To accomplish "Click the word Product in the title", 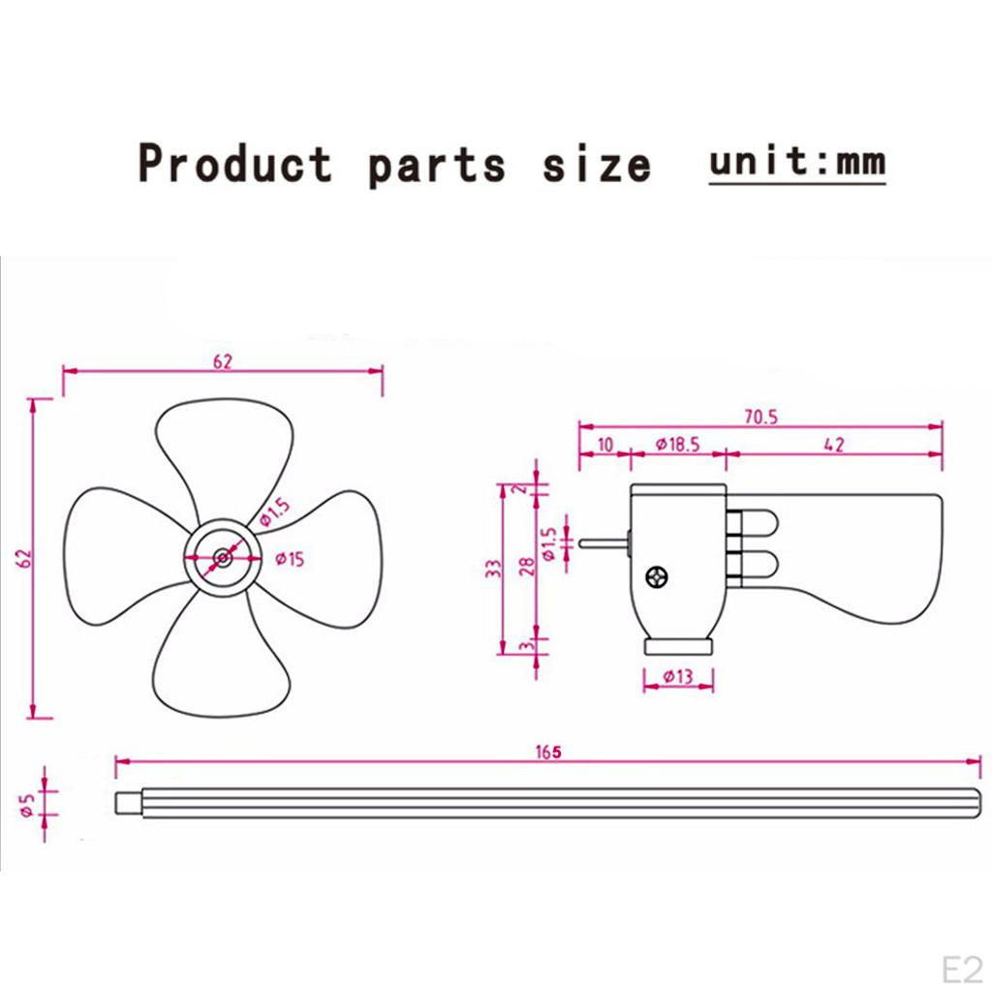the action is tap(234, 164).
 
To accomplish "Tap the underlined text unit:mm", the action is tap(797, 162).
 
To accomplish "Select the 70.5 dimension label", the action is tap(761, 417).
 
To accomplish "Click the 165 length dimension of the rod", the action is tap(548, 752).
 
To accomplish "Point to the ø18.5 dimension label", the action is tap(677, 445).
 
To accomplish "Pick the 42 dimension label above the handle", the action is tap(834, 445).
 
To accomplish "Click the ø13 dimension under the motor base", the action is tap(678, 677).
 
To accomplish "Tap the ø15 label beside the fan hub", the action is tap(290, 559).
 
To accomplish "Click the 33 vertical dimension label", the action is tap(494, 569).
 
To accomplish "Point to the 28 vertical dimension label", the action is tap(527, 566).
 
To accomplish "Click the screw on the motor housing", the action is tap(658, 577).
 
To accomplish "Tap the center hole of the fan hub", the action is tap(222, 557).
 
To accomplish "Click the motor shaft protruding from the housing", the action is tap(604, 543).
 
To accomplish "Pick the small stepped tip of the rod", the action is tap(129, 803).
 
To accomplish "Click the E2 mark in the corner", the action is tap(962, 969).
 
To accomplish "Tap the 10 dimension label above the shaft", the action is tap(605, 445).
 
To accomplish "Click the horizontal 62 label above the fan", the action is tap(223, 362).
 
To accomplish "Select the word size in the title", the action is tap(597, 166).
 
